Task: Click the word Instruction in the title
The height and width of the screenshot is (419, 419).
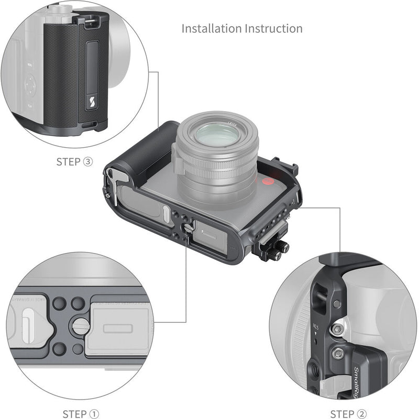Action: [274, 28]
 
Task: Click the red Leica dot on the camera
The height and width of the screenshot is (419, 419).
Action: [269, 182]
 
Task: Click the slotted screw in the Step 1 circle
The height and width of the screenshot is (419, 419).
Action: [80, 327]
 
